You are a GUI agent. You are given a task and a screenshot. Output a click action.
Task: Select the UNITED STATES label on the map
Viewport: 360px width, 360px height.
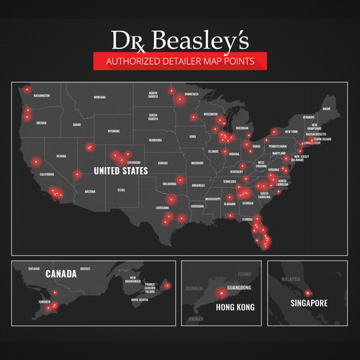point(116,171)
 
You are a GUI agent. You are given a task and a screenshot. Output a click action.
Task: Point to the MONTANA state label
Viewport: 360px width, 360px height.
point(99,97)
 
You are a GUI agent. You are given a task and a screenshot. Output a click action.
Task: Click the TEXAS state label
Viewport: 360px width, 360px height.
point(121,190)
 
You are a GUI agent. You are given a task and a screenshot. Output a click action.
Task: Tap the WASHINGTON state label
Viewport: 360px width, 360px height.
point(46,95)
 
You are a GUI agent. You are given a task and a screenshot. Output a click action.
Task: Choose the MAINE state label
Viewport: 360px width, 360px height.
point(326,109)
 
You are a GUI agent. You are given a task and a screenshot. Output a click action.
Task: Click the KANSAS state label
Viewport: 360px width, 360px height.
point(163,163)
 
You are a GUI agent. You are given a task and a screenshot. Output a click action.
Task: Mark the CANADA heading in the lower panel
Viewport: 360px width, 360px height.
point(61,274)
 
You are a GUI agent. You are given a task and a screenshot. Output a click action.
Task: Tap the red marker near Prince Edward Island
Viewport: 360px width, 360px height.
point(168,287)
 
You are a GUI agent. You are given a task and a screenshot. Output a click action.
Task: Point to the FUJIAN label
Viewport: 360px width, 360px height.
point(245,274)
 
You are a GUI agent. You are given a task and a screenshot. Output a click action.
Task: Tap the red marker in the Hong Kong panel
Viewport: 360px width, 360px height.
point(217,294)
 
